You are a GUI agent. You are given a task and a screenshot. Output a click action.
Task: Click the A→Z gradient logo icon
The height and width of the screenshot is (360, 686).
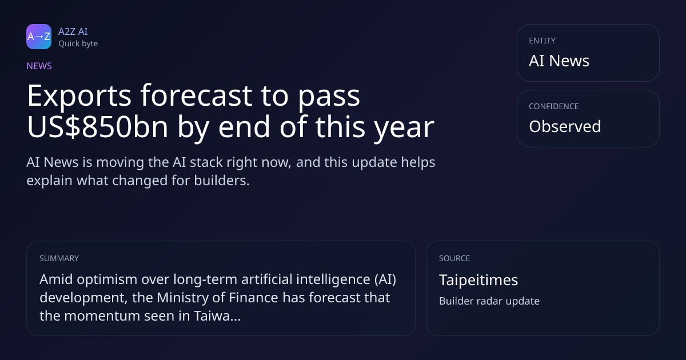coord(39,37)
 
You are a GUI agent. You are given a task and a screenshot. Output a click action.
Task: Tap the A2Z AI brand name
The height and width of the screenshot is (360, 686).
coord(73,31)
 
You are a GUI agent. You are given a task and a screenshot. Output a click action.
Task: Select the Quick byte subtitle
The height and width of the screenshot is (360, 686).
coord(78,44)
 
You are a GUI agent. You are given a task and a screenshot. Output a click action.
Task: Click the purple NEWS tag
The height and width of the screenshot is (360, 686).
coord(39,66)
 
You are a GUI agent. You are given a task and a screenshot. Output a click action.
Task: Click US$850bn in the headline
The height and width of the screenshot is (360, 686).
coord(97,127)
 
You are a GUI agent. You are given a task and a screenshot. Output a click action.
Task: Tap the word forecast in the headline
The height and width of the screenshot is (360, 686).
coord(196,95)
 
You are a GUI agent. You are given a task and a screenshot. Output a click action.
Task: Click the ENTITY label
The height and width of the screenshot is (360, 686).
coord(542,41)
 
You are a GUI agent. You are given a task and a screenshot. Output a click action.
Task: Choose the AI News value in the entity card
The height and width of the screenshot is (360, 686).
coord(559,61)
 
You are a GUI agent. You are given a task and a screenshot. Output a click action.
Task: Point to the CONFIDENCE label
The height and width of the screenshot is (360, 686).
coord(553,106)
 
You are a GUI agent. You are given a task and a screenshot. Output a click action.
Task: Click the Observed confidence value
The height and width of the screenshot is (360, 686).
coord(565,126)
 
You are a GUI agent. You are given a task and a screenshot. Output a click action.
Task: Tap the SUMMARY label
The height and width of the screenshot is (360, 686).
coord(59,258)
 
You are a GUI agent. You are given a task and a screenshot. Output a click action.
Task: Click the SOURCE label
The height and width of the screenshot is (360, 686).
coord(454,258)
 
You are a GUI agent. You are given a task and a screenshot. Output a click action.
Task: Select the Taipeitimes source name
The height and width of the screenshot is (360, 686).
coord(478,280)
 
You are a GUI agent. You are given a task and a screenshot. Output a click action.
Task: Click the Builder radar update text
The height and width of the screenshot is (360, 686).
coord(489,301)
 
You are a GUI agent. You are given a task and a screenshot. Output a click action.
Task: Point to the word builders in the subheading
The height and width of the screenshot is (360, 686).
coord(222,181)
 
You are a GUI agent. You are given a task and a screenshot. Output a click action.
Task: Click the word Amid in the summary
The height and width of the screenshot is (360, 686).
coord(56,279)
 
